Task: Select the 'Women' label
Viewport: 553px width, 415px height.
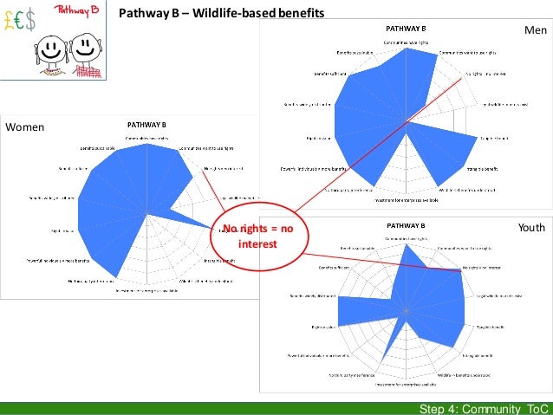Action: point(24,126)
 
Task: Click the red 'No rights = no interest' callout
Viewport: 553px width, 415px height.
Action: point(257,237)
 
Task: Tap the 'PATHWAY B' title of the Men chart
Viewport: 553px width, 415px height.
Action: point(406,29)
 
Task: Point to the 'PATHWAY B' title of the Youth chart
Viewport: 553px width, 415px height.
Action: point(406,226)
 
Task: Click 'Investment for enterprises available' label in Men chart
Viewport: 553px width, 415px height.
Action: point(407,201)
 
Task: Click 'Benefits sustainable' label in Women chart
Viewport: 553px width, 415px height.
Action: point(99,149)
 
